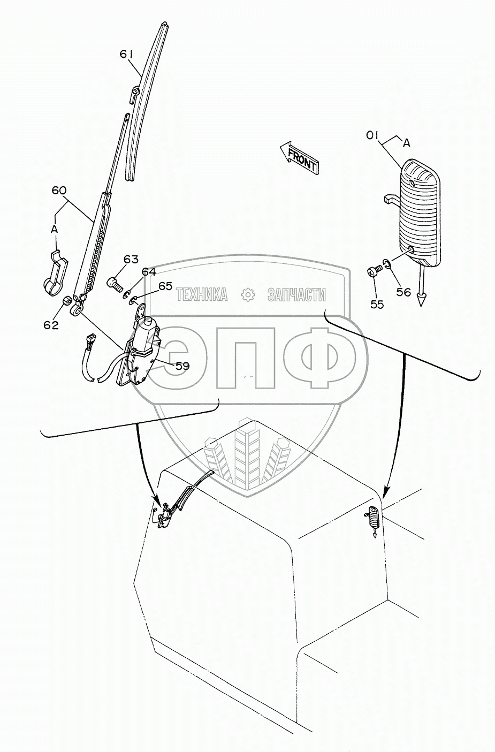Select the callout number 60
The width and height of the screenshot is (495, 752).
[59, 191]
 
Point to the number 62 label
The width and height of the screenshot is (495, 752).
[51, 325]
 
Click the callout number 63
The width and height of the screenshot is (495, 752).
[131, 260]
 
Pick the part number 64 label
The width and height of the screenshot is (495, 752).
[149, 272]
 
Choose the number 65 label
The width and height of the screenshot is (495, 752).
[165, 286]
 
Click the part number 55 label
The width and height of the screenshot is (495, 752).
[377, 305]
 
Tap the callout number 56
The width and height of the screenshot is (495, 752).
[403, 292]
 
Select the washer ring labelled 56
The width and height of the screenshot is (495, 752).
[386, 263]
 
